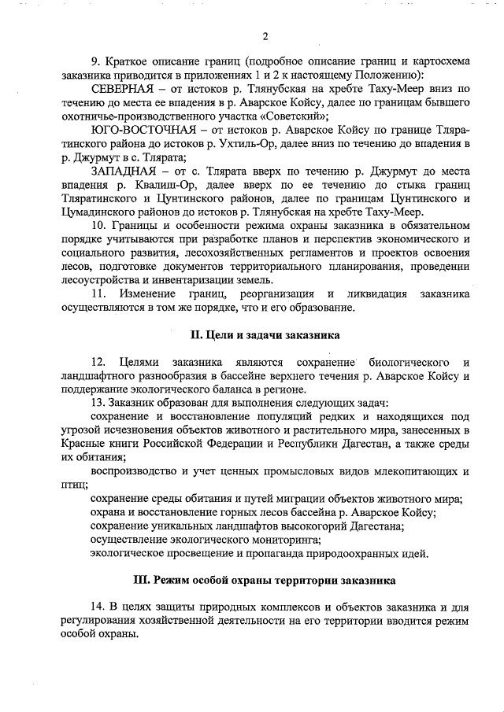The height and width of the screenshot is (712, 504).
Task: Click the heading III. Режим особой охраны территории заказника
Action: click(x=265, y=581)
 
